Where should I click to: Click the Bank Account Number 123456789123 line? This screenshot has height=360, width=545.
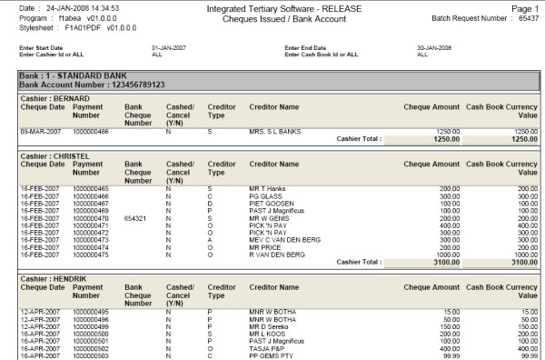(x=92, y=84)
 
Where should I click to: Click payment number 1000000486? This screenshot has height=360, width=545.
(x=91, y=132)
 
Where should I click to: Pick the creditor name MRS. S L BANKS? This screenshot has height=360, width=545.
(x=276, y=132)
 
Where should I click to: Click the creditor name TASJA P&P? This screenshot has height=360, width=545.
(x=268, y=347)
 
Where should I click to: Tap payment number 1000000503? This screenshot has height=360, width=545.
(x=91, y=355)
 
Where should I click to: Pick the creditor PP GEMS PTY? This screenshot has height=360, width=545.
(x=272, y=355)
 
